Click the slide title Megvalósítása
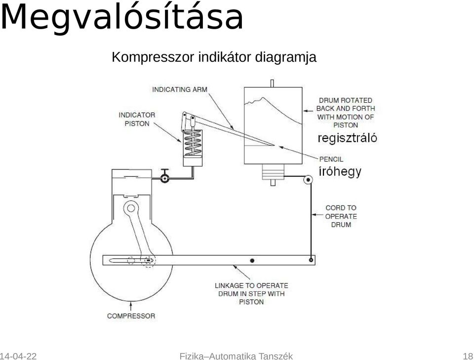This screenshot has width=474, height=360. pyautogui.click(x=121, y=18)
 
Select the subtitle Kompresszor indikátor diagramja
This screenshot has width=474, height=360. pyautogui.click(x=214, y=57)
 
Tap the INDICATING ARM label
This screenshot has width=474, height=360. pyautogui.click(x=180, y=89)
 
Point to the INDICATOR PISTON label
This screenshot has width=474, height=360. pyautogui.click(x=137, y=119)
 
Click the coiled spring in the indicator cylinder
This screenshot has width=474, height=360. pyautogui.click(x=193, y=143)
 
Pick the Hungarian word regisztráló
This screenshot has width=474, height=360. pyautogui.click(x=347, y=138)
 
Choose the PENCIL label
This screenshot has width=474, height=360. pyautogui.click(x=331, y=159)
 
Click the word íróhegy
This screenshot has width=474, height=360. pyautogui.click(x=340, y=171)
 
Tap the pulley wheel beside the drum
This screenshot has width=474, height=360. pyautogui.click(x=308, y=180)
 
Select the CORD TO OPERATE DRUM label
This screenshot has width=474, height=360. pyautogui.click(x=341, y=216)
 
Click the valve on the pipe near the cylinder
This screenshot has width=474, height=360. pyautogui.click(x=165, y=176)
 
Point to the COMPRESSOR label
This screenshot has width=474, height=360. pyautogui.click(x=131, y=316)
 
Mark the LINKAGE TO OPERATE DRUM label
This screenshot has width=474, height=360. pyautogui.click(x=251, y=293)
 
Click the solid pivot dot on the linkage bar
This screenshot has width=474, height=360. pyautogui.click(x=252, y=261)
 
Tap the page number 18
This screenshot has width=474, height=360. pyautogui.click(x=468, y=356)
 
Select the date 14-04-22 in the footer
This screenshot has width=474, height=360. pyautogui.click(x=18, y=356)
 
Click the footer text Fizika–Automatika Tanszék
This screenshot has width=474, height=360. pyautogui.click(x=236, y=356)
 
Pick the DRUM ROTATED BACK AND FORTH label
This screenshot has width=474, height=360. pyautogui.click(x=346, y=113)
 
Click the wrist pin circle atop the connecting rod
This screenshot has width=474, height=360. pyautogui.click(x=131, y=208)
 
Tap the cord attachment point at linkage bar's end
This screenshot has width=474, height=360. pyautogui.click(x=311, y=260)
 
